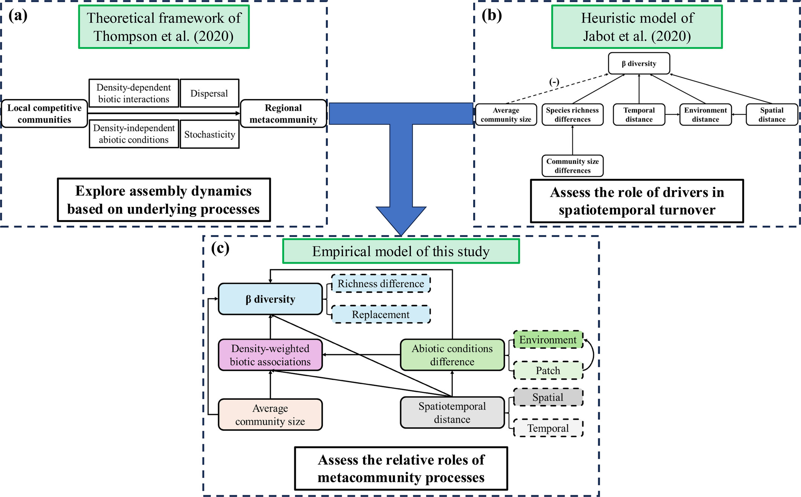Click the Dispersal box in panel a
(x=209, y=93)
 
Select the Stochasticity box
(x=210, y=134)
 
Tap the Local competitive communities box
(x=44, y=113)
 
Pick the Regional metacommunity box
(x=283, y=113)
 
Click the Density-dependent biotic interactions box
(x=134, y=93)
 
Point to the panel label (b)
(x=492, y=15)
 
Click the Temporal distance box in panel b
(x=639, y=115)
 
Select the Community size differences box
(x=572, y=166)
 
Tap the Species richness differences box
(x=572, y=115)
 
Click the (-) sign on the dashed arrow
(x=554, y=82)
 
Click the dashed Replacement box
(x=381, y=314)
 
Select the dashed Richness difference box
(x=381, y=283)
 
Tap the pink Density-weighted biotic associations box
(x=270, y=355)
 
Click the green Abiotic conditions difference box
(x=452, y=355)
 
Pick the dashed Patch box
(x=548, y=370)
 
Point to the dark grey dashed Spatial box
(x=548, y=397)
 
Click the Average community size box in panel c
(x=270, y=414)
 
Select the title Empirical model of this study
(x=401, y=251)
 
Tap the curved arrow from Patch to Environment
(x=593, y=354)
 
